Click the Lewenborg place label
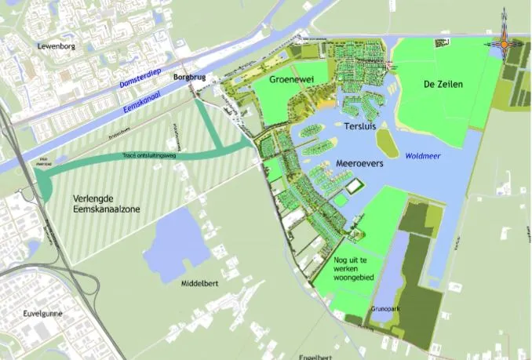[54, 47]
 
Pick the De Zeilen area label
[443, 84]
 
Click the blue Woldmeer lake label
[424, 156]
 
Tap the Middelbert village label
[199, 282]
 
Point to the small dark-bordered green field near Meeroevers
[355, 187]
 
